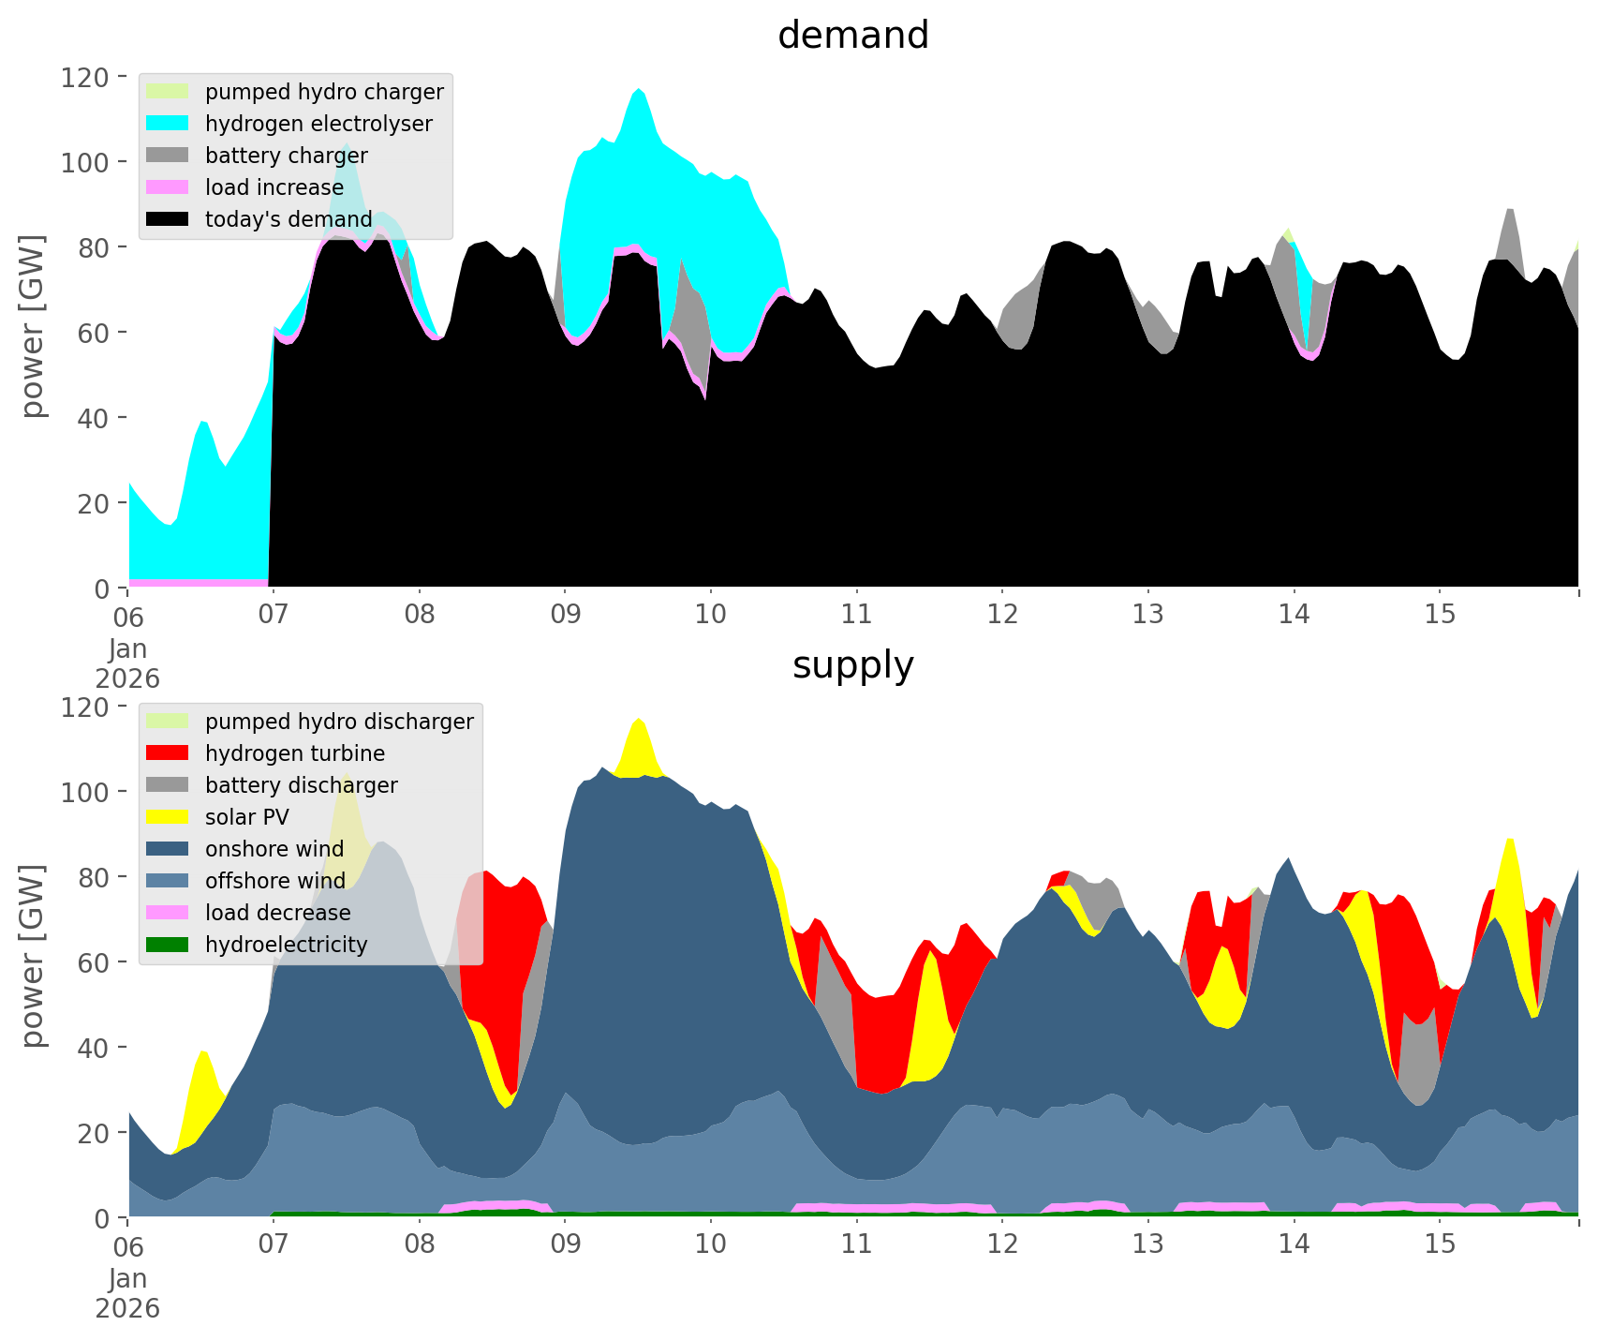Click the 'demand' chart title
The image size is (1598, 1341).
coord(852,36)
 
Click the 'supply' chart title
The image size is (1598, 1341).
coord(852,665)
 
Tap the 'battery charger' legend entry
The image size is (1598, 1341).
coord(286,156)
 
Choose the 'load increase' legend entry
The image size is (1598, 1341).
coord(274,187)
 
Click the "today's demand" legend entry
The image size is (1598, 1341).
coord(289,219)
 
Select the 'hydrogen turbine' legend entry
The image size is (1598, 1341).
coord(294,753)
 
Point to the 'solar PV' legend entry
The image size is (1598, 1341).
coord(246,817)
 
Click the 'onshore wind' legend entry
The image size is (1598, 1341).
coord(274,849)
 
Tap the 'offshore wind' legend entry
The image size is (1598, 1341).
coord(274,881)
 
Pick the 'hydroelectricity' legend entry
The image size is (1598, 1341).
coord(286,945)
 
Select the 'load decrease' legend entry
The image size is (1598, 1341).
coord(277,913)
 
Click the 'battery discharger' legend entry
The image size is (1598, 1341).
coord(301,785)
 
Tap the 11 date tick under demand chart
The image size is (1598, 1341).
coord(856,615)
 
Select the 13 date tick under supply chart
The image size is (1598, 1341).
coord(1147,1244)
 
